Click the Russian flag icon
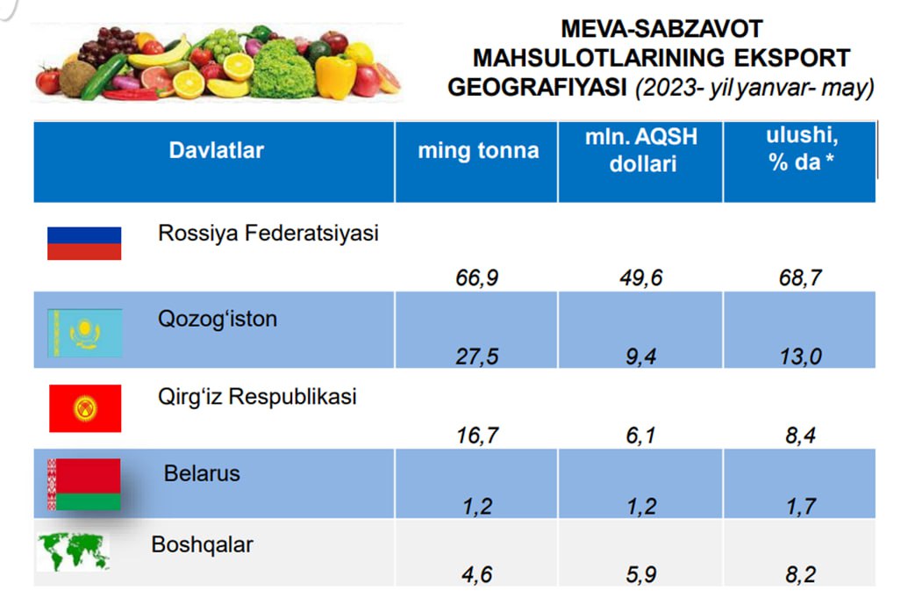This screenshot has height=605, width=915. point(84,242)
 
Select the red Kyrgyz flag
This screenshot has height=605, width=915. point(85,408)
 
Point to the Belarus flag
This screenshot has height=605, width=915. point(83,484)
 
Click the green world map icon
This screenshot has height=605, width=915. point(74,552)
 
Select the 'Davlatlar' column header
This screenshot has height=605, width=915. point(216,150)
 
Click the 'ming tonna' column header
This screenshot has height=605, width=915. point(478,150)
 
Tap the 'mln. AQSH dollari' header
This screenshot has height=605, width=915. point(643,150)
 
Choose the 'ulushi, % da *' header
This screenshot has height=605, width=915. point(800,149)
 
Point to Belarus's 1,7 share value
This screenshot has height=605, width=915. point(797,507)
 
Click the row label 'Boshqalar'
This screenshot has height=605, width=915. point(202,544)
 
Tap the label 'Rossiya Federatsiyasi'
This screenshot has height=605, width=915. point(268,234)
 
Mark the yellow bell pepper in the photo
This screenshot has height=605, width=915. point(335,76)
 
